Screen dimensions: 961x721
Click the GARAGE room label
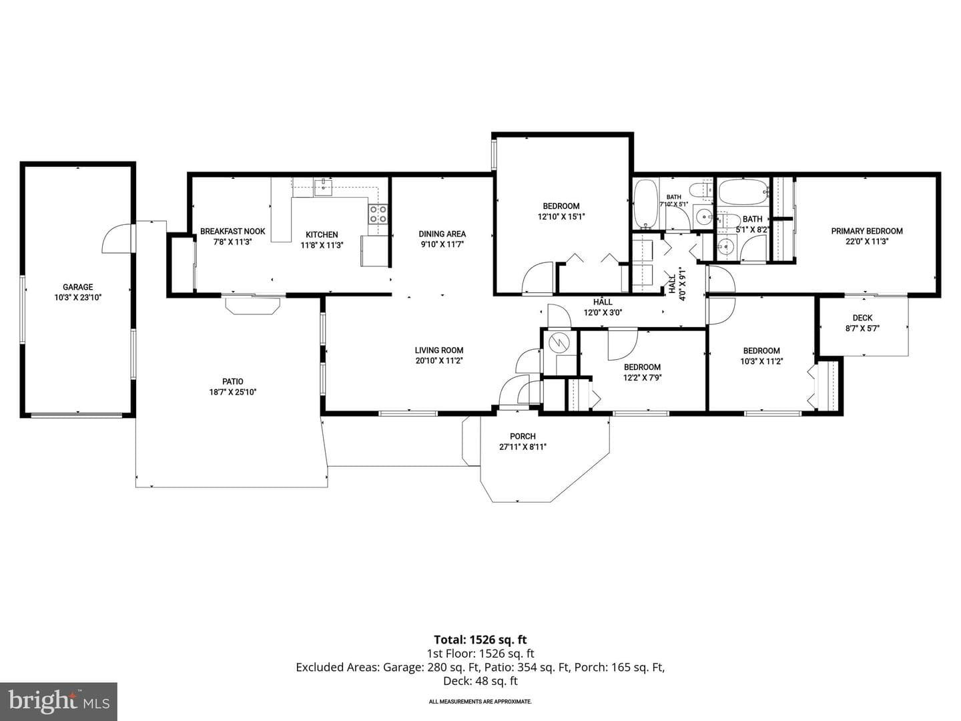click(77, 287)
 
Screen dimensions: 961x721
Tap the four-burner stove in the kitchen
click(378, 214)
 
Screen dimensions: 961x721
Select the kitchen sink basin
click(322, 188)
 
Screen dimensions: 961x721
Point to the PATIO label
click(232, 381)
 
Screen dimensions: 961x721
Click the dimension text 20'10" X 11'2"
click(439, 360)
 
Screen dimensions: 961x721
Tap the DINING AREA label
click(442, 234)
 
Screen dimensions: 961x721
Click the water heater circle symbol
click(559, 342)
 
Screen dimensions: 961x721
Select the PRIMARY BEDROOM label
click(867, 231)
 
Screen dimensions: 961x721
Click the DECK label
click(862, 318)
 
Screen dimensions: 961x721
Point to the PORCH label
click(523, 436)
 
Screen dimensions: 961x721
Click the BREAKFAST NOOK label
click(232, 231)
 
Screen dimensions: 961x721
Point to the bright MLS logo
click(58, 702)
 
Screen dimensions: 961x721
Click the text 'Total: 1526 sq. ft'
click(480, 640)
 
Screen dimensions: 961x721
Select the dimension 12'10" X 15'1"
click(561, 216)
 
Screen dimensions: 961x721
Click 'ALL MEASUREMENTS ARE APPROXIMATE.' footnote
click(480, 701)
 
